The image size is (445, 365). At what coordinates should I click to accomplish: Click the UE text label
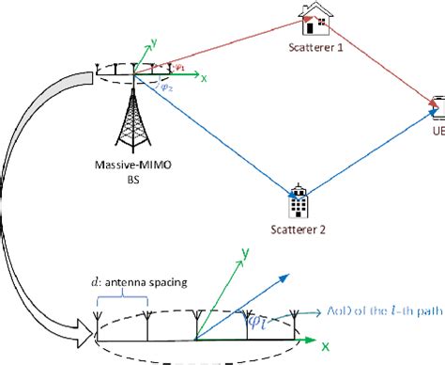(437, 132)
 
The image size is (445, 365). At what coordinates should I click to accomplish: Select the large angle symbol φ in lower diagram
(253, 323)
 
